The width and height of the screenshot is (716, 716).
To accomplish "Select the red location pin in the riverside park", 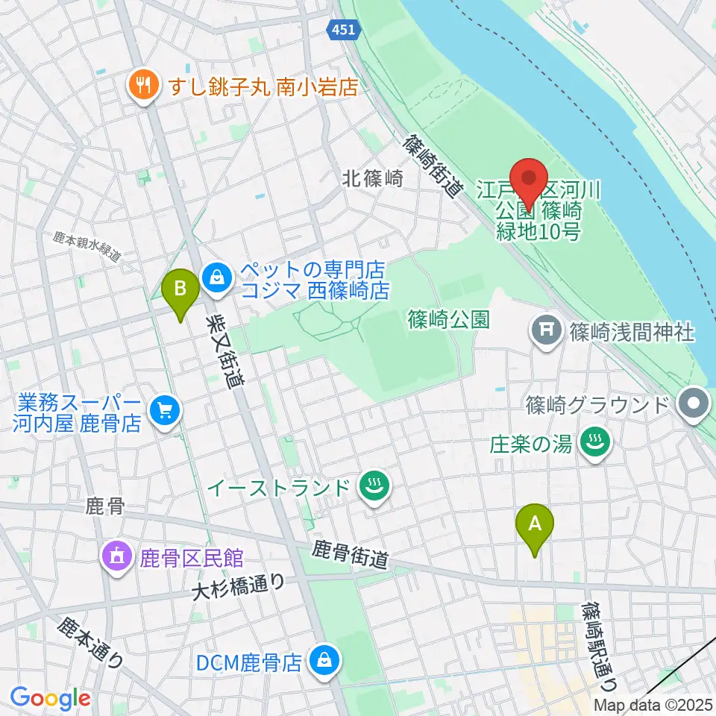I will [x=530, y=181].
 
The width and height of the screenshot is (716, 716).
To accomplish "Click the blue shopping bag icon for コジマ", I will [x=216, y=278].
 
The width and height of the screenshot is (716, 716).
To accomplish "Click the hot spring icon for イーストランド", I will [x=371, y=489].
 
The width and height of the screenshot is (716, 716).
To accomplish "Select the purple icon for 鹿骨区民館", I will [x=118, y=557].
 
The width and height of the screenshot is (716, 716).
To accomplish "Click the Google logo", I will [x=50, y=698].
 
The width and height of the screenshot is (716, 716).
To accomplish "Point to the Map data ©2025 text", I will [x=653, y=704].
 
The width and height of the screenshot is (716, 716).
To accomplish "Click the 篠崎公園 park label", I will [x=448, y=321].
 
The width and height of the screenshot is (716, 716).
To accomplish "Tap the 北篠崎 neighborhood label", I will [x=372, y=178].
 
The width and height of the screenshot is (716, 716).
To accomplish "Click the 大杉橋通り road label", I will [x=238, y=588].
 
